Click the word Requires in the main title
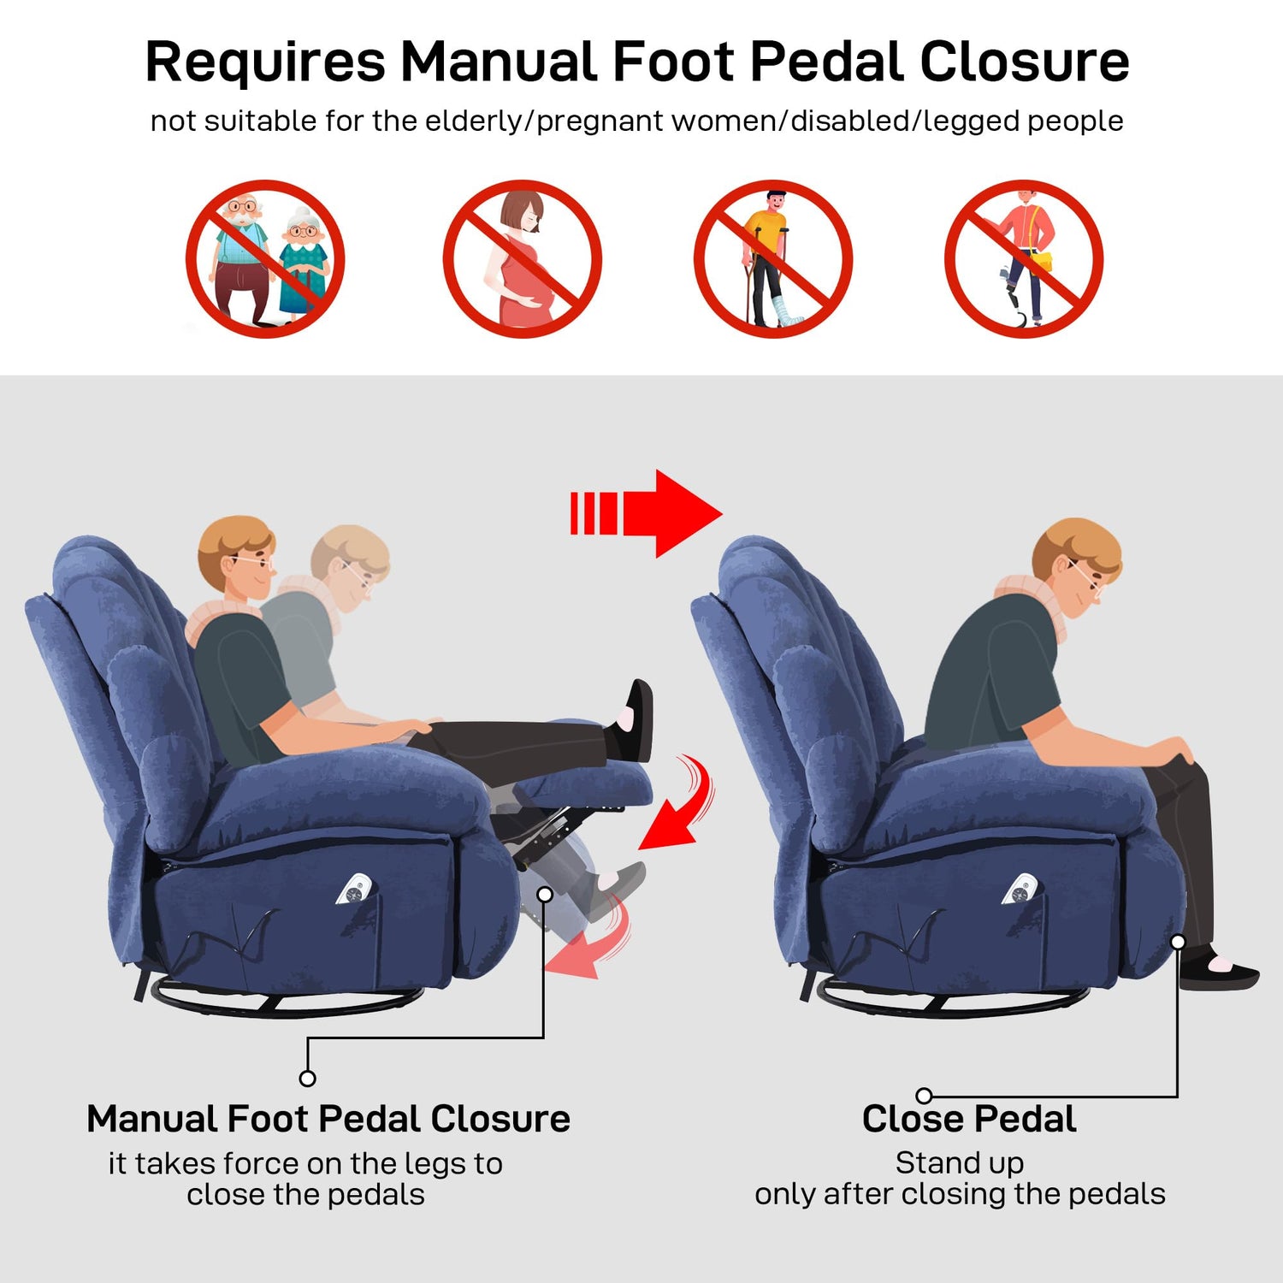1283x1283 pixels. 265,63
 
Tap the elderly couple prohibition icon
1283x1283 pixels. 265,258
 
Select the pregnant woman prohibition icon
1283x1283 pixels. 522,258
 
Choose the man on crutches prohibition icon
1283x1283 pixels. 772,258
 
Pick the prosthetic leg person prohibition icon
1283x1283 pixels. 1024,258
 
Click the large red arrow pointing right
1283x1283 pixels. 646,513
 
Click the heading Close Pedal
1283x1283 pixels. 969,1119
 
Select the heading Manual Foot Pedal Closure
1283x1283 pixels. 328,1119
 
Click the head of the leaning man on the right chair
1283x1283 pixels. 1076,560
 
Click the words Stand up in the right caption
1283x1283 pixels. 960,1164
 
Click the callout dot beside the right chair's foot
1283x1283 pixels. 1178,942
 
